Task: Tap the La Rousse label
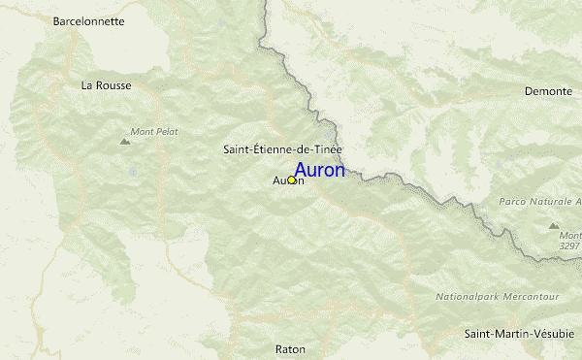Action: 106,85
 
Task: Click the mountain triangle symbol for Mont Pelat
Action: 124,142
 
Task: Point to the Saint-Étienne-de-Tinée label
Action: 282,148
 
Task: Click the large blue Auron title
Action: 319,171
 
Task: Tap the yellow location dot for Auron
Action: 291,180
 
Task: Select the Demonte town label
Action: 548,91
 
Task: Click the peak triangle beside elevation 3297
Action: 554,225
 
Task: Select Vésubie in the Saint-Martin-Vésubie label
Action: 556,335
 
